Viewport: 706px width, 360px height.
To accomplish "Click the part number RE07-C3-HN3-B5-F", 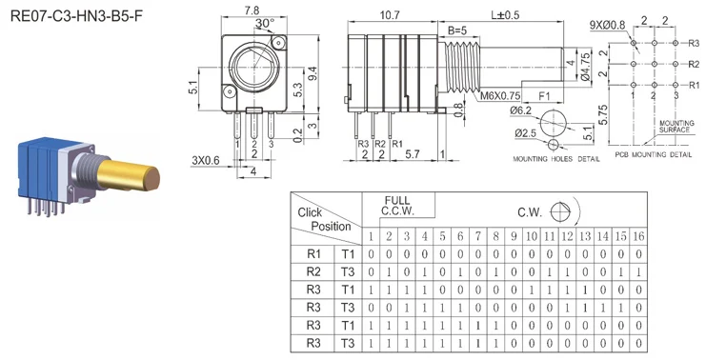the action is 76,17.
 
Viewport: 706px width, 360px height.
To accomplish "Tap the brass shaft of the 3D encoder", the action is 129,176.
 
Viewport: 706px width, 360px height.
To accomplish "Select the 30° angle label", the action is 265,23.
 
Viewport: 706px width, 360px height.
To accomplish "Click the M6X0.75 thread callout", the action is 500,96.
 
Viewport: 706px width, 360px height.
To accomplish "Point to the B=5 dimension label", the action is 457,31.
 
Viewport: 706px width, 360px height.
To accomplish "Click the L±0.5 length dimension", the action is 504,15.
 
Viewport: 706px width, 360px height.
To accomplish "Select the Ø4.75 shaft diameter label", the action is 585,66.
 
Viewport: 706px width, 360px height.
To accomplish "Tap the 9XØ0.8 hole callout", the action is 608,25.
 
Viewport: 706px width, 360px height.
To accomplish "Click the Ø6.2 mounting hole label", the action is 520,110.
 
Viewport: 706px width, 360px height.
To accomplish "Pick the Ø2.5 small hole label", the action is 525,133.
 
